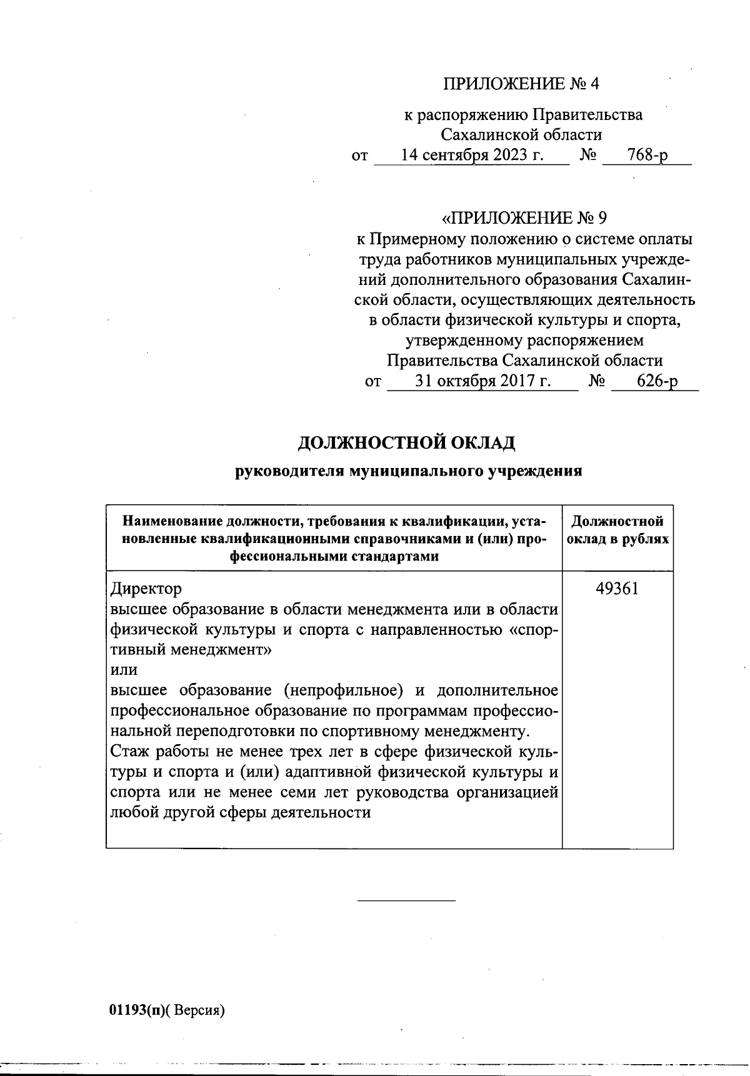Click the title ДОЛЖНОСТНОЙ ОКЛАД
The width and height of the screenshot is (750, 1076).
tap(406, 443)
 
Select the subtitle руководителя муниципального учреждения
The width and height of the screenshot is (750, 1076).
tap(408, 471)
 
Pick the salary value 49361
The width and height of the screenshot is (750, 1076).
tap(617, 589)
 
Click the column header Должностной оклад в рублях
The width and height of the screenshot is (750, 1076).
tap(617, 531)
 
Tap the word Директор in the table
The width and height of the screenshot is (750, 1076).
tap(146, 589)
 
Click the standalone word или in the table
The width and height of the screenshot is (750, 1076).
tap(123, 670)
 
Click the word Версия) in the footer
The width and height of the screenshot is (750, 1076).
tap(199, 1010)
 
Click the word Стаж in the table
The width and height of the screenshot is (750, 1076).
tap(129, 751)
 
